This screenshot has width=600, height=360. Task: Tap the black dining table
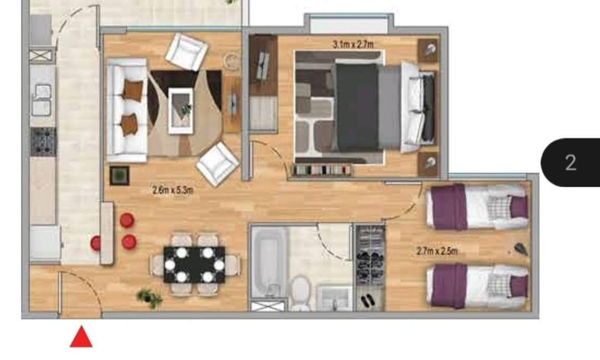[194, 265]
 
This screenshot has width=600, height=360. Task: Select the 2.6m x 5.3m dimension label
[173, 190]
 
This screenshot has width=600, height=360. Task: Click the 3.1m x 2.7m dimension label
[353, 45]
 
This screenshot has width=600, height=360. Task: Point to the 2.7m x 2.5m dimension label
[437, 251]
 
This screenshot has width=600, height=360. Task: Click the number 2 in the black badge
[571, 163]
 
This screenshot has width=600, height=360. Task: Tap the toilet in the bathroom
[301, 293]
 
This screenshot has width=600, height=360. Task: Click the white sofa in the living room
[127, 110]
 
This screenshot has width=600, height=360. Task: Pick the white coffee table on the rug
[181, 110]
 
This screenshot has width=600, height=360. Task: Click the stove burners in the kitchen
[43, 142]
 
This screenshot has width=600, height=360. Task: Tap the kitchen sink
[42, 100]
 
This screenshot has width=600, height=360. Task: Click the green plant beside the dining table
[150, 298]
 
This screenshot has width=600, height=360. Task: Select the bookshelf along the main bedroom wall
[322, 169]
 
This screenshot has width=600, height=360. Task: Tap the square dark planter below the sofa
[119, 176]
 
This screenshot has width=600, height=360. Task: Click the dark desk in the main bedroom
[263, 65]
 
